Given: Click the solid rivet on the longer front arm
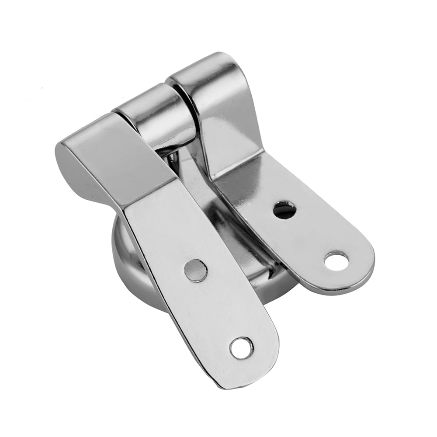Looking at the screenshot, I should coord(195,270).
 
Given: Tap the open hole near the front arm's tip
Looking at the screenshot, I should coord(241,348).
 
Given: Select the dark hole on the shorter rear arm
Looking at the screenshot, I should coord(284,210).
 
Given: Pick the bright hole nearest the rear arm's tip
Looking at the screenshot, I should coord(337,261).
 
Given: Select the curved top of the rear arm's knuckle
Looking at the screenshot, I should coord(205,70).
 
